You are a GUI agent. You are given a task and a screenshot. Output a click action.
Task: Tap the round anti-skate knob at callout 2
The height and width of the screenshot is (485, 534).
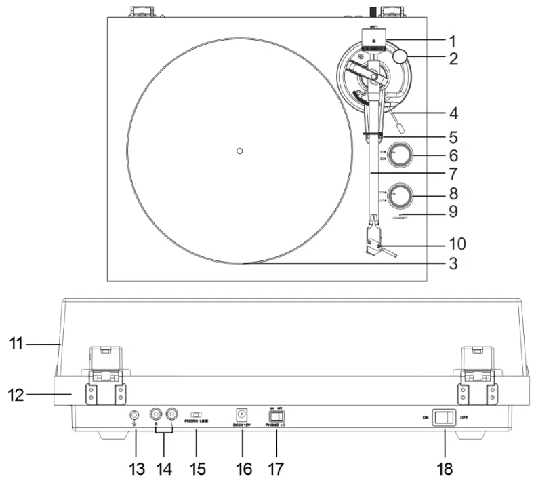tap(399, 55)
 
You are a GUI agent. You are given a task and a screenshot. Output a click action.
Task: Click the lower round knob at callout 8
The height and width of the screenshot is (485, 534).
tap(400, 196)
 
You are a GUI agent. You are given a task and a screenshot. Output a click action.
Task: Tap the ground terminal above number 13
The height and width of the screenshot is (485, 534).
tap(134, 415)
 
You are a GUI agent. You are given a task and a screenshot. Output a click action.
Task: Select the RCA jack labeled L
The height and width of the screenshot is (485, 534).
tap(171, 413)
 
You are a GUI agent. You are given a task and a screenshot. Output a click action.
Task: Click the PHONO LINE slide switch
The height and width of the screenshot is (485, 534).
tap(197, 414)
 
